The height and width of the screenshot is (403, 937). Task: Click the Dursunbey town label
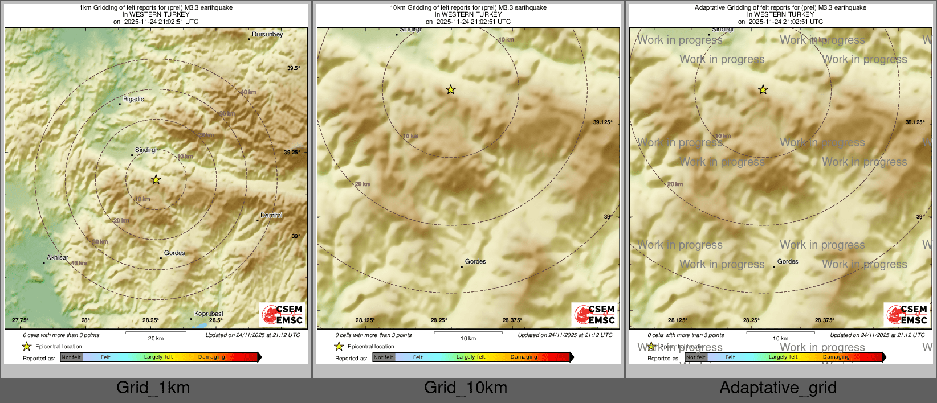pos(267,35)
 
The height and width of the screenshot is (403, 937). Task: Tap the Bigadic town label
pos(133,100)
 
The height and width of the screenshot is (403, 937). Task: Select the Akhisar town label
pos(58,258)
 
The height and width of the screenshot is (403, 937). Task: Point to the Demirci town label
pos(271,216)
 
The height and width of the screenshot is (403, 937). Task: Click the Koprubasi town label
pos(209,314)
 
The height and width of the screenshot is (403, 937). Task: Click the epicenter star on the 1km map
pos(156,180)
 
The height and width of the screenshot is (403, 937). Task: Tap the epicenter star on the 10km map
pos(450,89)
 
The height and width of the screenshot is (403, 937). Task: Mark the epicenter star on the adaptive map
pos(763,89)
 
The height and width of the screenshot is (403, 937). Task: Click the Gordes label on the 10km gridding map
pos(475,262)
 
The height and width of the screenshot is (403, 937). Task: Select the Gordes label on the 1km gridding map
pos(174,253)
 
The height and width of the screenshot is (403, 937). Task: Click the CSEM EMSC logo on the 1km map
pos(282,315)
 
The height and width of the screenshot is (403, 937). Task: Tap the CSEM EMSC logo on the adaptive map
pos(907,315)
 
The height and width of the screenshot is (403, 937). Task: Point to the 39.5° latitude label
pos(294,68)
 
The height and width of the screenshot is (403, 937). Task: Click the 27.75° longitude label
pos(20,320)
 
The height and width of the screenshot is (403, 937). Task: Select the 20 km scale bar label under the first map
pos(156,339)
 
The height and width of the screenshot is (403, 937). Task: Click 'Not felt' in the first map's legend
pos(71,357)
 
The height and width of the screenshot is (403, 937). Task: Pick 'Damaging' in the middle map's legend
pos(524,357)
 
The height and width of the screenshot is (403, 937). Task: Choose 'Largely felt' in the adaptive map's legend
pos(783,357)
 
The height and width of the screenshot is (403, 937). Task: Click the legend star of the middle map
pos(339,346)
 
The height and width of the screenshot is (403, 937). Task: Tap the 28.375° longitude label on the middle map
pos(512,320)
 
